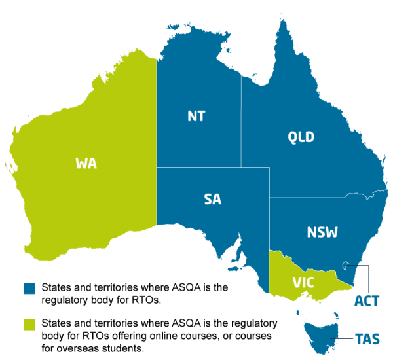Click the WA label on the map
coord(86,164)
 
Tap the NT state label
coord(196,117)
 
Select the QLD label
coord(301,137)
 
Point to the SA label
coord(212,200)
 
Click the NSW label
coord(322,232)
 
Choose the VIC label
coord(303,283)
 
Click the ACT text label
coord(366,301)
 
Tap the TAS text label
coord(367,339)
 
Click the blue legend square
coord(29,288)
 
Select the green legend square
coord(29,324)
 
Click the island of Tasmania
coord(321,334)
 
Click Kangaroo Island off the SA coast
coord(233,268)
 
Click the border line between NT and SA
coord(196,168)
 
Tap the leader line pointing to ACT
coord(369,278)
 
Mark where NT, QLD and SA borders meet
coord(241,168)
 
